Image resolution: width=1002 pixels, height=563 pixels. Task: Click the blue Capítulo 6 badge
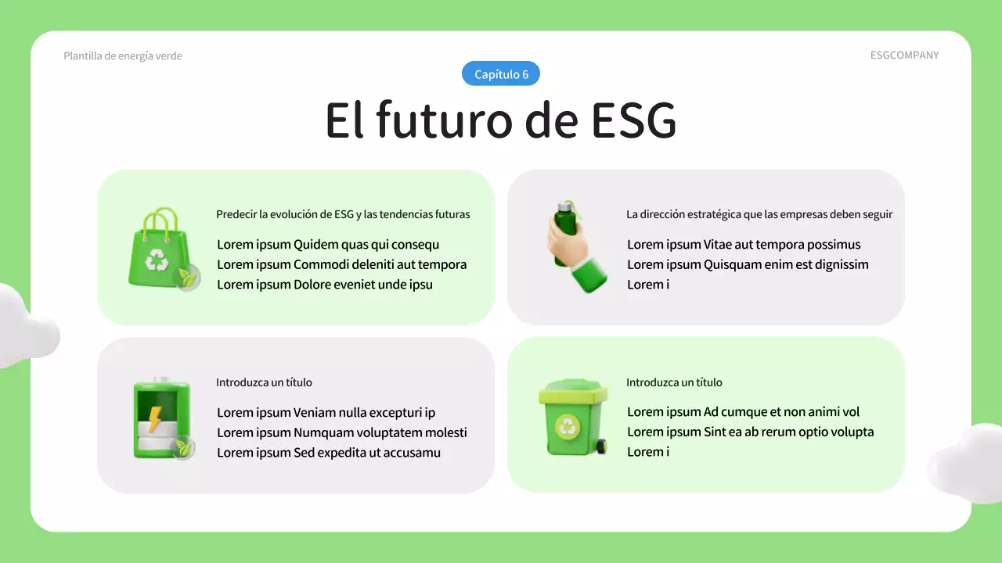501,74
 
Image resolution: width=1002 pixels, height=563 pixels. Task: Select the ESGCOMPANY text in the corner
904,56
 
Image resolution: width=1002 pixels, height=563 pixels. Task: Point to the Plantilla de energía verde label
123,56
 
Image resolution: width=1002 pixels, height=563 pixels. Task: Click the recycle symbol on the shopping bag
157,259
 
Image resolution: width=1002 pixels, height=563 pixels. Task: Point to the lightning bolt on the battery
155,418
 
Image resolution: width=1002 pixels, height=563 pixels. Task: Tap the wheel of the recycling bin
600,446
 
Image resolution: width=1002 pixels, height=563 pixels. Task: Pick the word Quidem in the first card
315,245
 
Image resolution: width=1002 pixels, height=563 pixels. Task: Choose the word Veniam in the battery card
314,413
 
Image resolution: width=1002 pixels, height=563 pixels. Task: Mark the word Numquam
323,432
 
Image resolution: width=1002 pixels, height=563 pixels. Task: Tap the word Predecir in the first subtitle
236,214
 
